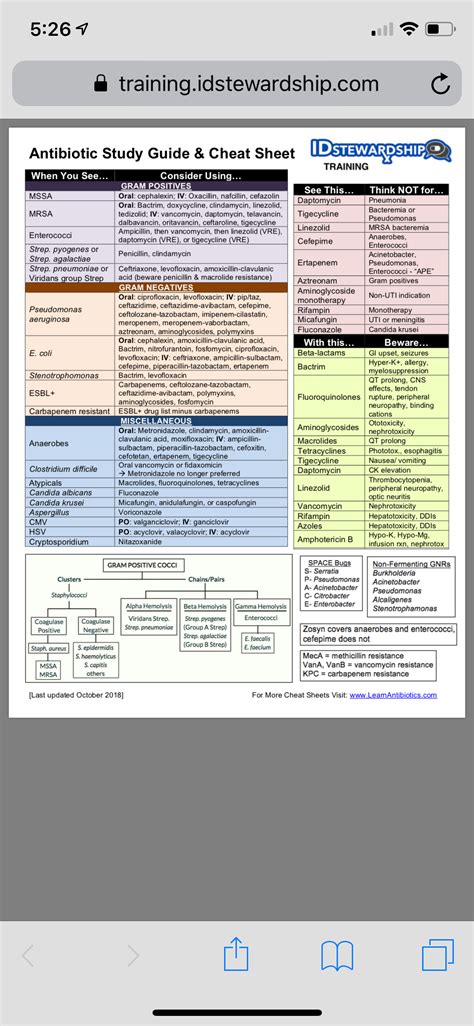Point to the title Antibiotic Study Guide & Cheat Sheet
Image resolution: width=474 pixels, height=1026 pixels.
point(162,153)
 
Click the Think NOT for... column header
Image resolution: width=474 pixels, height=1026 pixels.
point(406,190)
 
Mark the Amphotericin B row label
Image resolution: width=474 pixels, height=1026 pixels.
point(324,539)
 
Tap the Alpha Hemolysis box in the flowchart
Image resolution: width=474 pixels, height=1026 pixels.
point(148,607)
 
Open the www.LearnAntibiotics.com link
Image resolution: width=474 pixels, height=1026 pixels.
point(395,695)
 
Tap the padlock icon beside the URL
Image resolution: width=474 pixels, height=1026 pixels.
point(99,85)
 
